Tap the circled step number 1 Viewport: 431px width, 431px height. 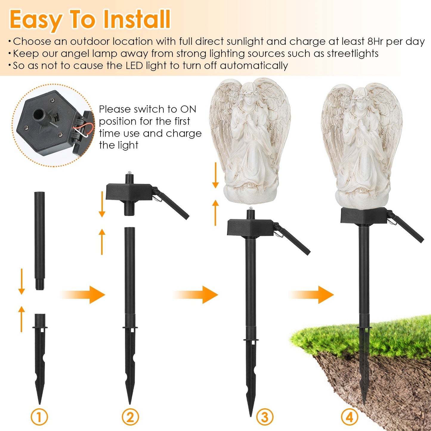tap(39, 417)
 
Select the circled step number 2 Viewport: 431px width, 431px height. tap(130, 417)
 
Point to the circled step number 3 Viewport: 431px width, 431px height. tap(264, 417)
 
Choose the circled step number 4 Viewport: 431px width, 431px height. tap(349, 417)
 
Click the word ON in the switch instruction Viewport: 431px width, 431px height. tap(188, 109)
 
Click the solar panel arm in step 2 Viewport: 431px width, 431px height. tap(173, 204)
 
